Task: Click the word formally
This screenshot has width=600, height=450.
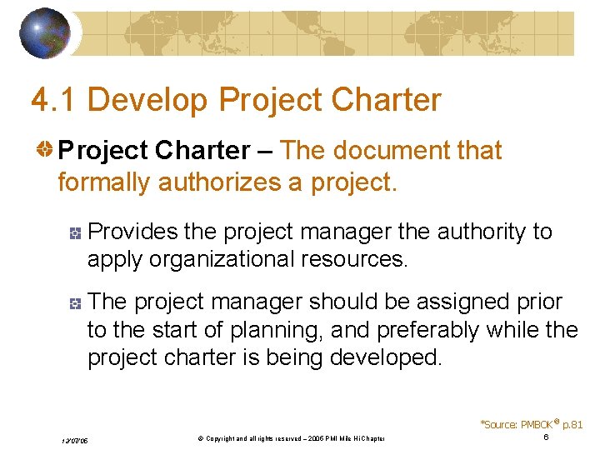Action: click(x=104, y=182)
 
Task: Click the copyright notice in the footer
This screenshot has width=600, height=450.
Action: click(x=284, y=439)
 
